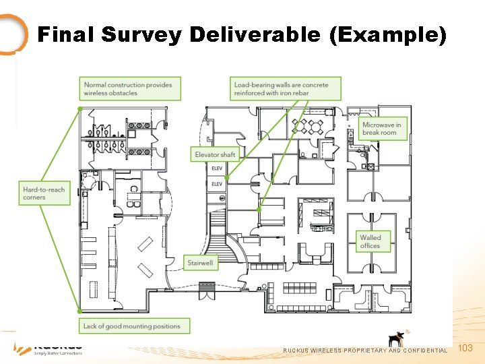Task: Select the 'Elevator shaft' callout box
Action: (215, 154)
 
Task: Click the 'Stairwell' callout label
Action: (201, 262)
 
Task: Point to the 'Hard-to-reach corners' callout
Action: (44, 193)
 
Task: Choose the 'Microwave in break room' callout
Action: (382, 128)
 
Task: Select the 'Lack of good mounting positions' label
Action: (132, 326)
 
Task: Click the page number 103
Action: (465, 348)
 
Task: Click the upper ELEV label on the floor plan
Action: (217, 168)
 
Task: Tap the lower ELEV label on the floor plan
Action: (217, 183)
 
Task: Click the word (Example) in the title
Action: (388, 34)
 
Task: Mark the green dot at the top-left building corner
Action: (80, 109)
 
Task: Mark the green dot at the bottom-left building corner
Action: (80, 311)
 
